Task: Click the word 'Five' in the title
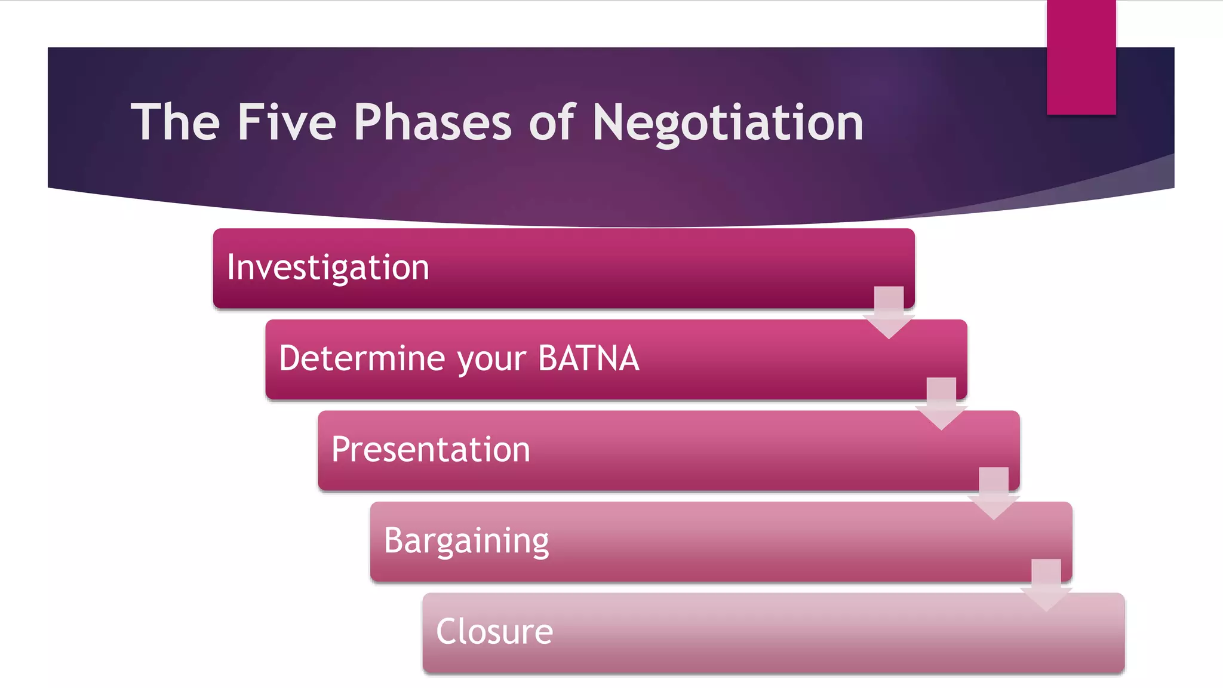[287, 122]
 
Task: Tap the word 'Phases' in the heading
[432, 122]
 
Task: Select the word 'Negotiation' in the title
[727, 122]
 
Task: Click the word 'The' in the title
[176, 122]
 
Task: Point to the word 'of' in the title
[552, 122]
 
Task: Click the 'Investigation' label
[328, 267]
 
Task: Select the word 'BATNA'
[588, 358]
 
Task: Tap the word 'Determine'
[362, 358]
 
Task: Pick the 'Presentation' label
[431, 449]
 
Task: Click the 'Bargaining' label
[466, 541]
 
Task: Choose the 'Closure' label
[494, 632]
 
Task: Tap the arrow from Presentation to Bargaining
[994, 493]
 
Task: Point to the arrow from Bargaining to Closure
[1046, 585]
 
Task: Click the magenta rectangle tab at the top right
[1081, 57]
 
